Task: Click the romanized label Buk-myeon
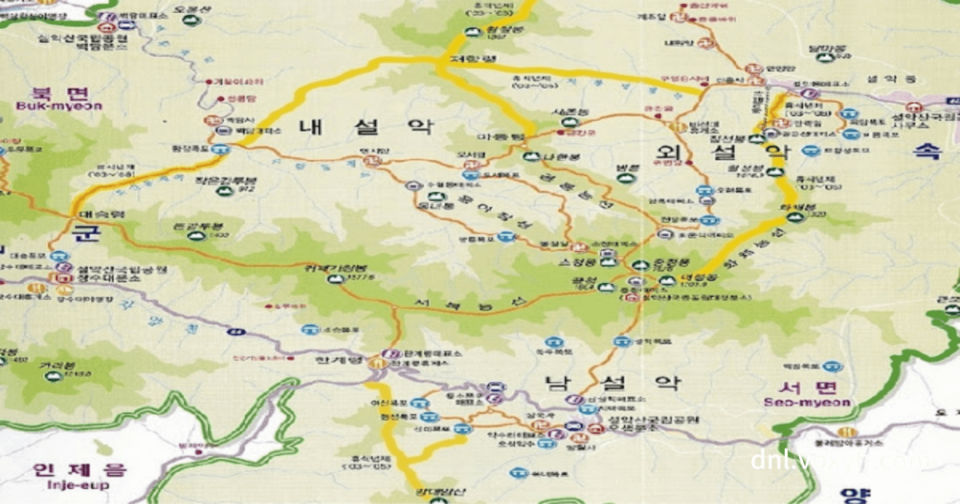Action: [x=58, y=105]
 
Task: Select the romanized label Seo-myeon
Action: [x=806, y=402]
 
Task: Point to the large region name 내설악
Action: [x=366, y=126]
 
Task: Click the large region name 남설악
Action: [x=613, y=382]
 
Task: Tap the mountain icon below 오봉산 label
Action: [x=190, y=20]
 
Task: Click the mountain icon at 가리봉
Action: [x=53, y=375]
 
